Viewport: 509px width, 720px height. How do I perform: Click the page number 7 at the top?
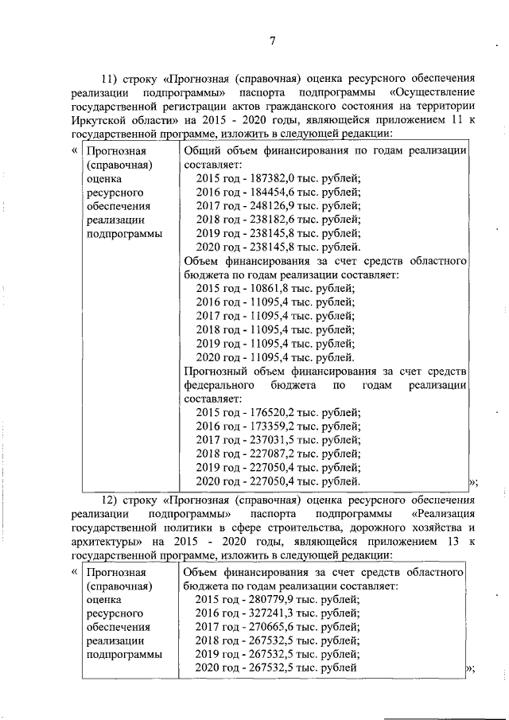pos(272,41)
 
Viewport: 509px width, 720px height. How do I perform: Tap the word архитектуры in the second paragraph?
pos(102,542)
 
